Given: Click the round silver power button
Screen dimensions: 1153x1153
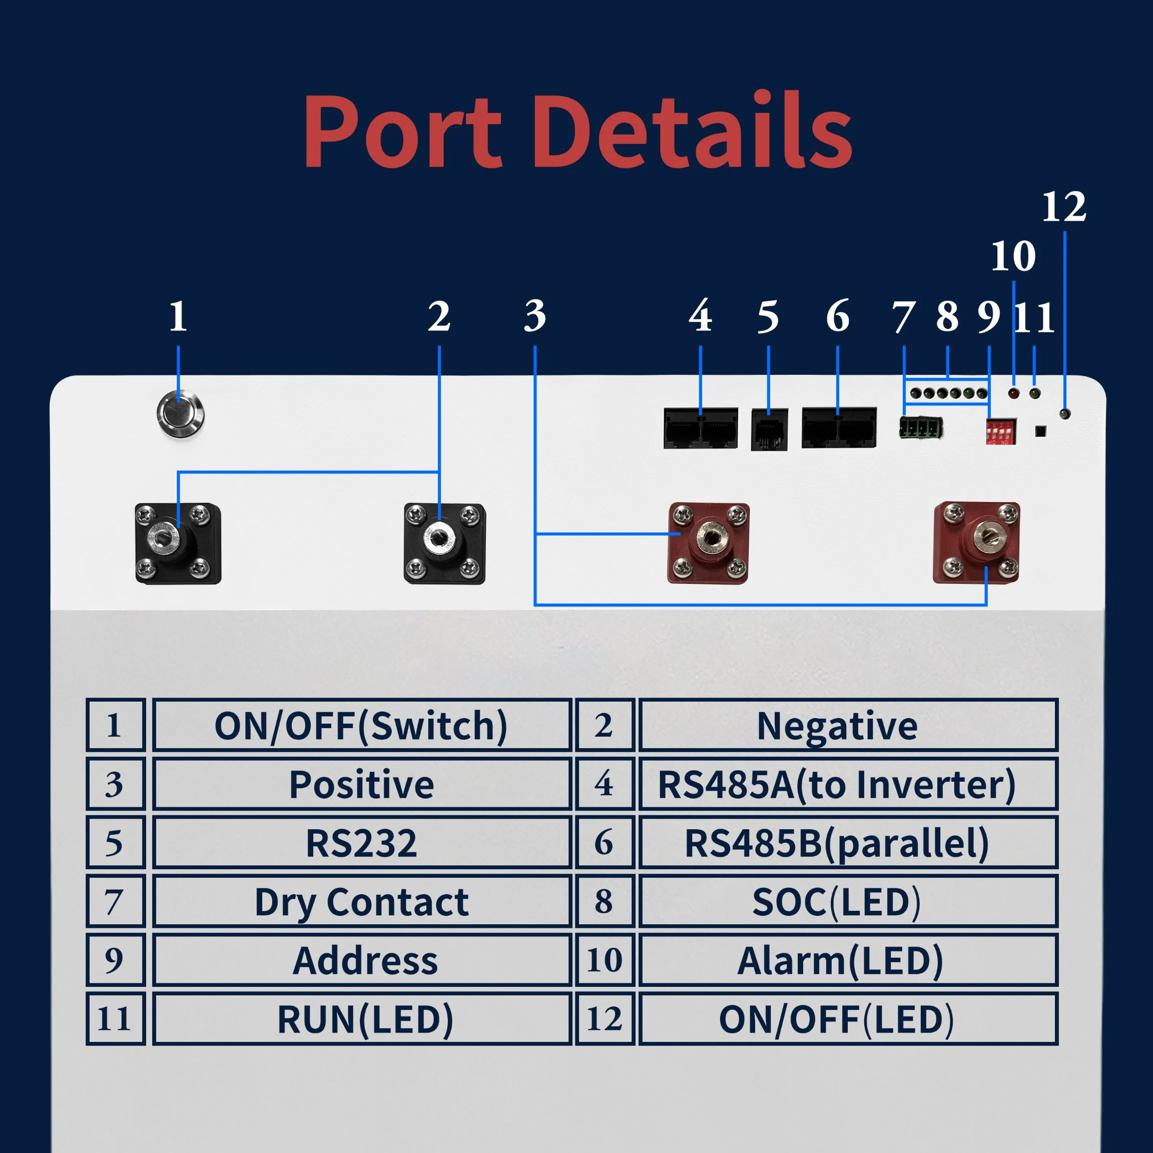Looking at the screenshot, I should coord(180,413).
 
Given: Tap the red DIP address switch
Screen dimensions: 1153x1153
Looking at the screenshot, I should coord(1001,431).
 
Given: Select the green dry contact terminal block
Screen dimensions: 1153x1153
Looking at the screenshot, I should coord(921,428).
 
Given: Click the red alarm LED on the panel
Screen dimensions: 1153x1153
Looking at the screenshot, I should coord(1013,394).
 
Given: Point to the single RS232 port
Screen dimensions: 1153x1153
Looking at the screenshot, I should coord(769,430).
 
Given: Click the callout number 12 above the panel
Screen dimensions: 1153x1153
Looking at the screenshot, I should coord(1064,208).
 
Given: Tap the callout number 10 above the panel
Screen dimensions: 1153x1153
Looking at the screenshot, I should coord(1013,257).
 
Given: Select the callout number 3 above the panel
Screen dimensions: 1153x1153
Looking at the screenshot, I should coord(535,316).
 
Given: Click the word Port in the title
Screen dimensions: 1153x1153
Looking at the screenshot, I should coord(402,131).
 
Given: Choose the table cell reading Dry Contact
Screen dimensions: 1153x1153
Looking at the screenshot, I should coord(362,902).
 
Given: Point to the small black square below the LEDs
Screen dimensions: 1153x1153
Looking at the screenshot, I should coord(1040,431).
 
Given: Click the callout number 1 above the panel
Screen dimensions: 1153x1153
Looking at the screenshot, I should coord(178,316).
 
